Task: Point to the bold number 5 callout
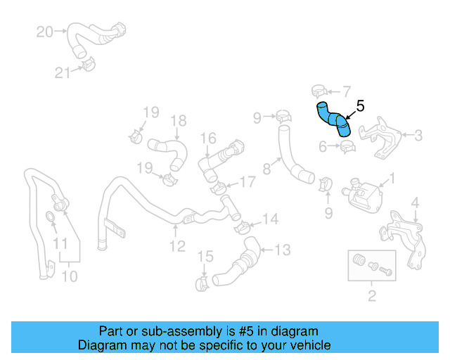(360, 106)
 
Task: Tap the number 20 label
(44, 32)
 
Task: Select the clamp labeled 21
(86, 65)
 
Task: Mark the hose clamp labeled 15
(202, 283)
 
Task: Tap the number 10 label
(69, 276)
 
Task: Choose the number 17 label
(247, 182)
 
